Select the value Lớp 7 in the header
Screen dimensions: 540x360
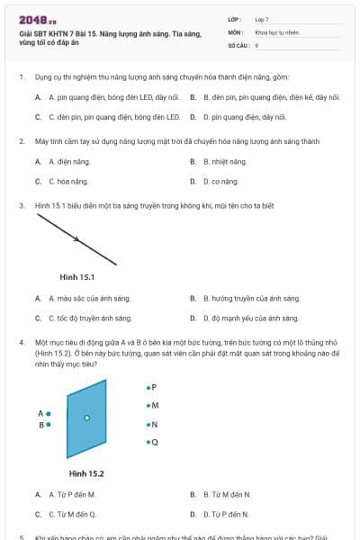262,18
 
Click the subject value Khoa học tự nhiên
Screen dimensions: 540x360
275,31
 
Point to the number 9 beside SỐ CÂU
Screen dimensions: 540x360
256,44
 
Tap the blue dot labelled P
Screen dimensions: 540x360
148,387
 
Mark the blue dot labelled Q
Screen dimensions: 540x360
148,442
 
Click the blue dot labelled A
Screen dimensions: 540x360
49,414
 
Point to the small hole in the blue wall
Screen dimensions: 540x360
86,418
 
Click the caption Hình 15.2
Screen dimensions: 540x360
86,473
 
